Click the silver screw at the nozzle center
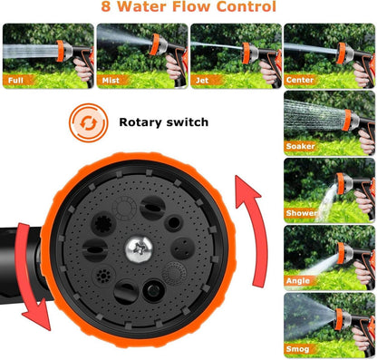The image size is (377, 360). (139, 249)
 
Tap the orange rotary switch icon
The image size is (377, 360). (89, 122)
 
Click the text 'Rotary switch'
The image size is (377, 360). (164, 122)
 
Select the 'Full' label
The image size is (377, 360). (15, 81)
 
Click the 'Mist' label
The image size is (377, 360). (111, 81)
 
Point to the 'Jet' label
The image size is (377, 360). (202, 81)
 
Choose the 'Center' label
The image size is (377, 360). (300, 80)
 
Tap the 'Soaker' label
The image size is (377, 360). (301, 146)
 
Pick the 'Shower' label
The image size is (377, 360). (301, 213)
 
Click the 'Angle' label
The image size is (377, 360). (298, 281)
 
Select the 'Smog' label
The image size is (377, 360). (297, 349)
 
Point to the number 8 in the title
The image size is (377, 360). (106, 6)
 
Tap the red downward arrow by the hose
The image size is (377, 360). (30, 275)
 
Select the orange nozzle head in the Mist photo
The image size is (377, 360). (155, 44)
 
